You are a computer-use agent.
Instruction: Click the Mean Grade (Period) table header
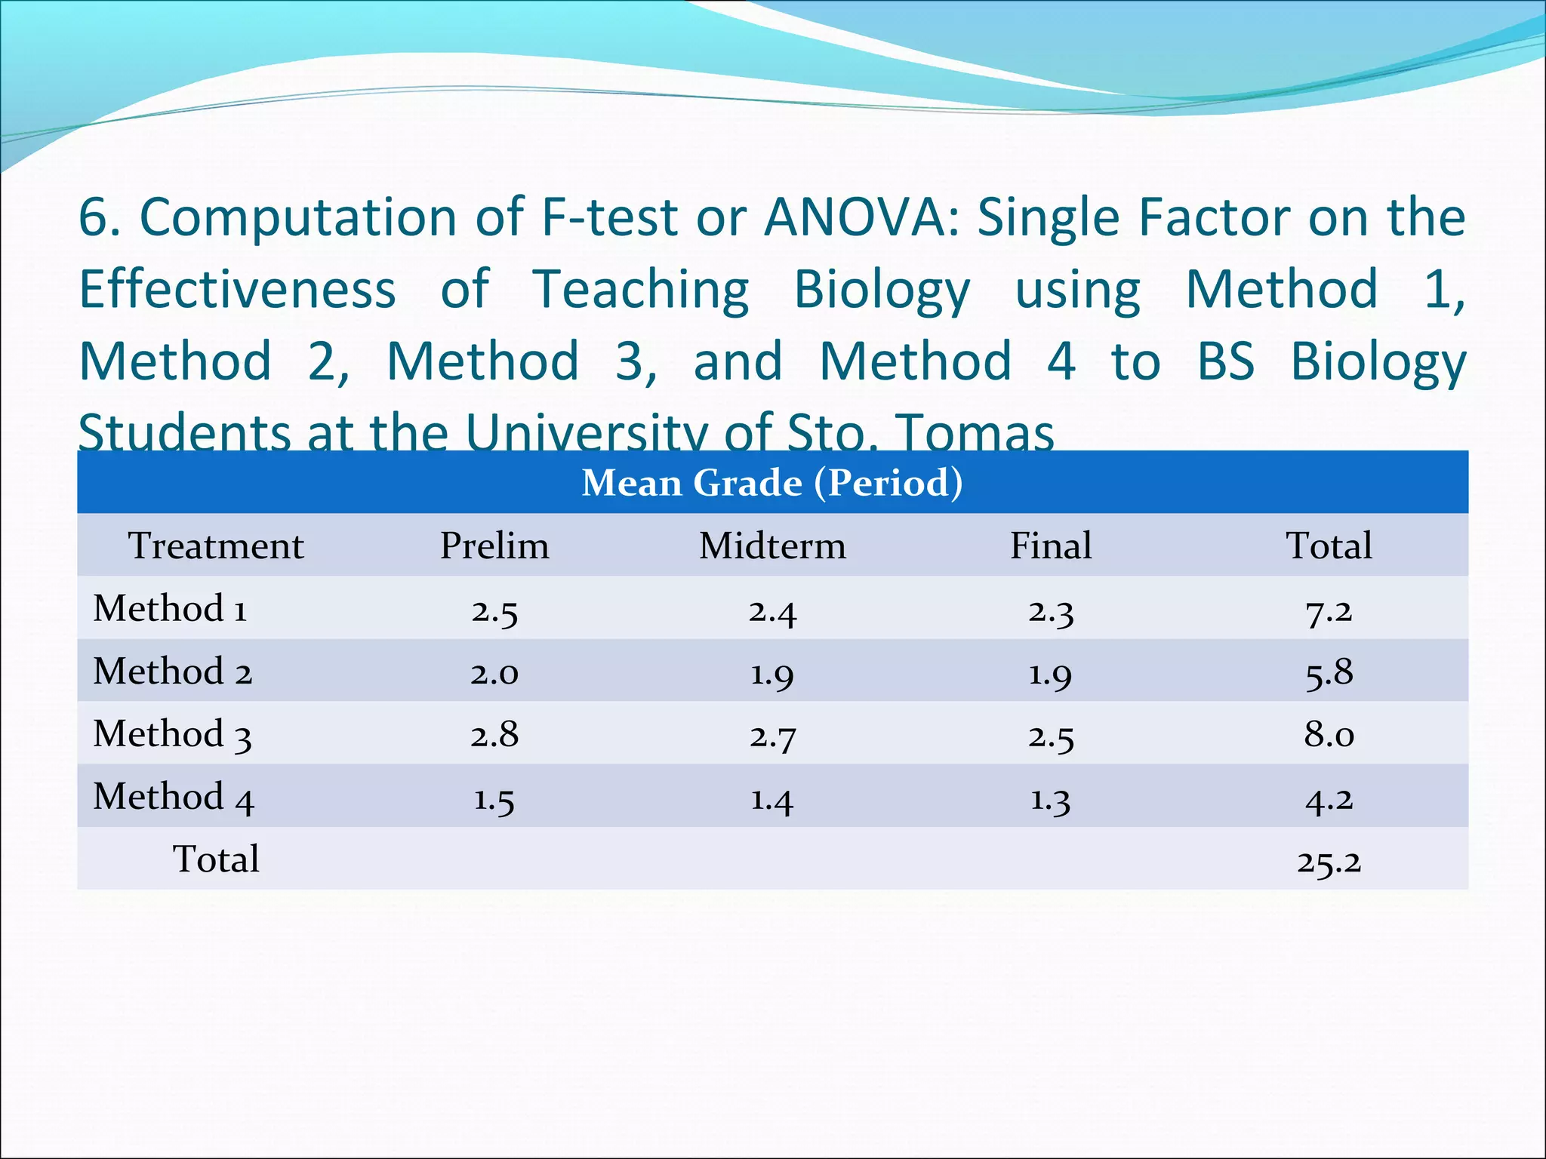tap(772, 483)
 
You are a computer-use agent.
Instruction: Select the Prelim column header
tap(494, 546)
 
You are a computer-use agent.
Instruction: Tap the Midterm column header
tap(772, 546)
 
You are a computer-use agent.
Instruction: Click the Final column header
tap(1051, 546)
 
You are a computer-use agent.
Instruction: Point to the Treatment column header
tap(216, 546)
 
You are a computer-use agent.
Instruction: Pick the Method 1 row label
tap(170, 609)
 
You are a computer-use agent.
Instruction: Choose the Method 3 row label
tap(172, 734)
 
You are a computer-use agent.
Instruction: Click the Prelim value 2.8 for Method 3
tap(494, 734)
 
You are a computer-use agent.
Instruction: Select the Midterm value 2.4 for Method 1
tap(772, 610)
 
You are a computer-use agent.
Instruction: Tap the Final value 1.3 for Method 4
tap(1051, 798)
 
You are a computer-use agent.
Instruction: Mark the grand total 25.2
tap(1329, 861)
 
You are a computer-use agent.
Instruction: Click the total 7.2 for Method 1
tap(1329, 610)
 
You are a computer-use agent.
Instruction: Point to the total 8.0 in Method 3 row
tap(1329, 734)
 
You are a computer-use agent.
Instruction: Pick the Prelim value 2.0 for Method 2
tap(494, 672)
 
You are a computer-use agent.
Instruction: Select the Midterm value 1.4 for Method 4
tap(772, 798)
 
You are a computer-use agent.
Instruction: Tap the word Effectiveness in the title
tap(237, 290)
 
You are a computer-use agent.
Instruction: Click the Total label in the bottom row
tap(216, 859)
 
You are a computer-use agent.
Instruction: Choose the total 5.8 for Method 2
tap(1329, 672)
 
